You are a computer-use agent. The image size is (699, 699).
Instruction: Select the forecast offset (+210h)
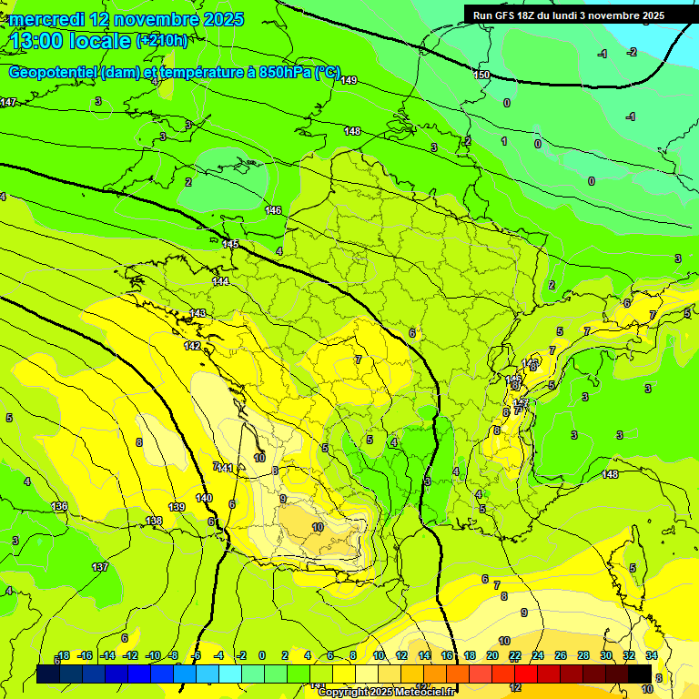[162, 41]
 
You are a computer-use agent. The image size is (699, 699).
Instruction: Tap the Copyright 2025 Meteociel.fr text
[389, 693]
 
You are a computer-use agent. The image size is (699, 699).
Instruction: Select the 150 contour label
[481, 75]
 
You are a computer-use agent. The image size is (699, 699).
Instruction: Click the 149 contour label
[349, 81]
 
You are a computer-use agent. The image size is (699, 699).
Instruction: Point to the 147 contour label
[8, 103]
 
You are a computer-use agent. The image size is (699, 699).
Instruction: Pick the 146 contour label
[273, 210]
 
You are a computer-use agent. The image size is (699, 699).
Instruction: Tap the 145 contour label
[230, 244]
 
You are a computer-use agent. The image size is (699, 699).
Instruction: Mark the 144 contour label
[220, 282]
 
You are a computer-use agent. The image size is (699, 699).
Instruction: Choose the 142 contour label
[192, 347]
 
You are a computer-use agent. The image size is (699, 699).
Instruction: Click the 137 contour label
[100, 567]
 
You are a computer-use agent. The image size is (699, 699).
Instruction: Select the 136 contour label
[59, 506]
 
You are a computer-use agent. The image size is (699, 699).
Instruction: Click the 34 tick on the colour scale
[651, 655]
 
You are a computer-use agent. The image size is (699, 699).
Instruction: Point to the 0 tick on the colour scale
[262, 655]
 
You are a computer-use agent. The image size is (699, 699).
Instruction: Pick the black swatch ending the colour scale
[640, 674]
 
